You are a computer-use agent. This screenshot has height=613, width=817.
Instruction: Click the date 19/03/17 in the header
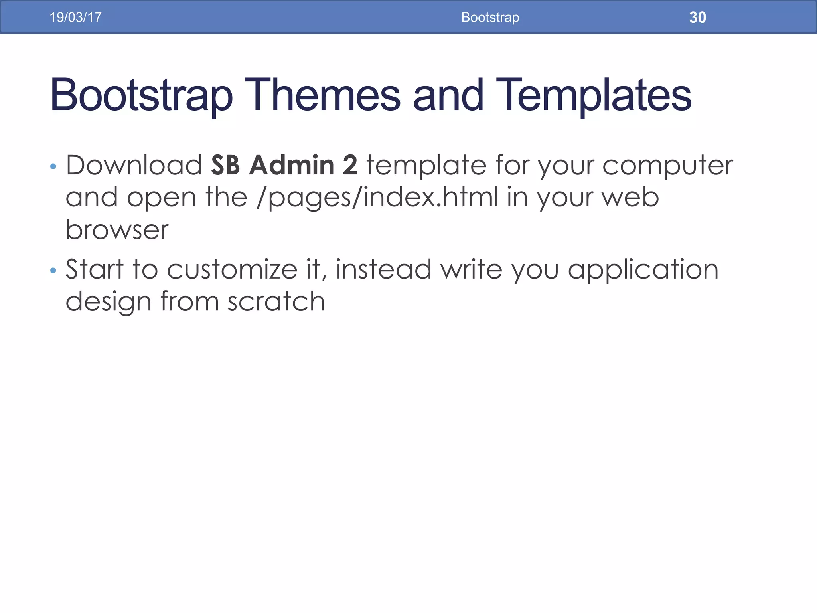point(75,17)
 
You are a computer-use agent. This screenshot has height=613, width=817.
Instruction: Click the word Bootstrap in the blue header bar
point(490,17)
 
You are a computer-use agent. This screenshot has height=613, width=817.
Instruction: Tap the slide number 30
point(697,17)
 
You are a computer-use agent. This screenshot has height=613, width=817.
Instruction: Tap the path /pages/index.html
point(377,197)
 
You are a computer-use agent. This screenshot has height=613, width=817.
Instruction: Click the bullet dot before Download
point(53,166)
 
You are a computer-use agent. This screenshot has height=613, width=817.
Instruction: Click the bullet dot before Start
point(53,271)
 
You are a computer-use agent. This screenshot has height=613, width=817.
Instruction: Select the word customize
point(232,269)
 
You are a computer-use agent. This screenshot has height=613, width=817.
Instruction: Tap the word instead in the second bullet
point(383,269)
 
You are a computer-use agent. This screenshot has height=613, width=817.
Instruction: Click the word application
point(643,269)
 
